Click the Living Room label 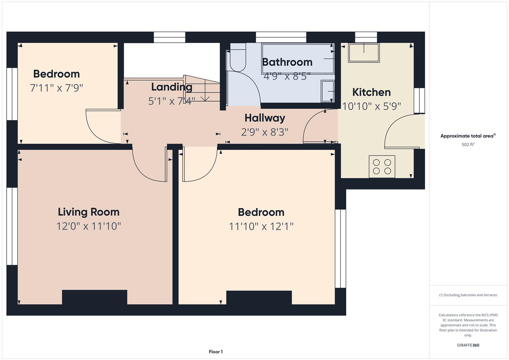click(89, 212)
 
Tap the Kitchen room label click(372, 92)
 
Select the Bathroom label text click(287, 62)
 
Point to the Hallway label click(265, 118)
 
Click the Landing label click(172, 87)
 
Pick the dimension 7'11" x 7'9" click(56, 88)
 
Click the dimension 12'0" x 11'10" click(89, 226)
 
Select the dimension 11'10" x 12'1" click(261, 226)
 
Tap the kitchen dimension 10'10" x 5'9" click(372, 106)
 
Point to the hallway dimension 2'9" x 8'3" click(265, 132)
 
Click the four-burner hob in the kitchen click(382, 167)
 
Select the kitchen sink click(364, 53)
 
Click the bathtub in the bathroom click(298, 59)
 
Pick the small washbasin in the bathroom click(327, 91)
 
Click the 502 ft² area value click(468, 145)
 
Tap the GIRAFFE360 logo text click(468, 345)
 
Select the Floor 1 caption click(216, 352)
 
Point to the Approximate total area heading click(468, 136)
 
